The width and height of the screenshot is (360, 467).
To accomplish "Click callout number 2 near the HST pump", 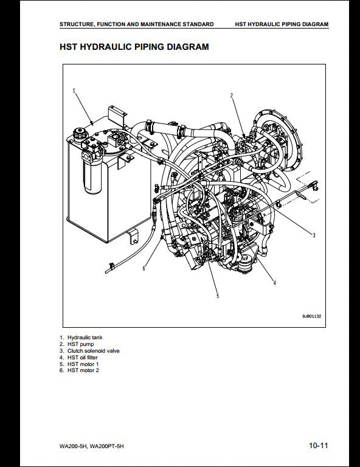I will coord(231,95).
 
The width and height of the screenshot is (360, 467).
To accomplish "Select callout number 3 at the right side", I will coord(314,235).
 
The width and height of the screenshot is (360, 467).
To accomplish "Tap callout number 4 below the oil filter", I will coord(274,283).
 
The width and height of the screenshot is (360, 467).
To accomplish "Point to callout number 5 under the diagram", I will coord(217,296).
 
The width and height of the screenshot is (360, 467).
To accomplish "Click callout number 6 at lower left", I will coord(144,268).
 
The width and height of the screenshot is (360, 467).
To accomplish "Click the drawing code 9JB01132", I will coord(312,316).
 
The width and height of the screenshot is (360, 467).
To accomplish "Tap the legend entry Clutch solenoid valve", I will coord(93,350).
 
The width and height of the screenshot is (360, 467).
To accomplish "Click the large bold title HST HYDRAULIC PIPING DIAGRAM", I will coord(134,46).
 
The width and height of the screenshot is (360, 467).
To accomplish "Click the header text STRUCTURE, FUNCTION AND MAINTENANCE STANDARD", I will coord(136,24).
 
